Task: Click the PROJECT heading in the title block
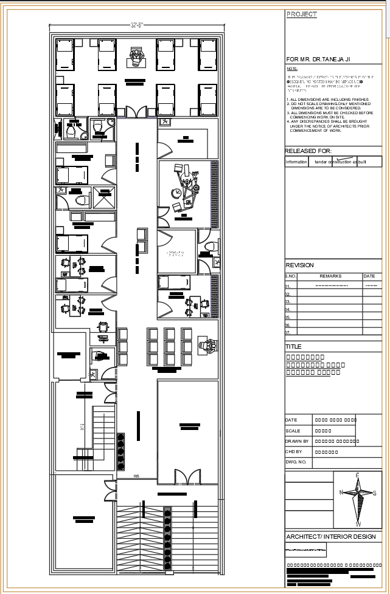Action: [301, 14]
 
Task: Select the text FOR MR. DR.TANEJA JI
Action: [318, 59]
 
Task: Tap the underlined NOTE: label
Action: [291, 69]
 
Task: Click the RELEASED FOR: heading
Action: [308, 151]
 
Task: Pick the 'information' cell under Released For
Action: [296, 162]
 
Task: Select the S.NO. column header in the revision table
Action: [291, 276]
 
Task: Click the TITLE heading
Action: [293, 346]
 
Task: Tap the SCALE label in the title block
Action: [293, 431]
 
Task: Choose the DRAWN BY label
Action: [296, 442]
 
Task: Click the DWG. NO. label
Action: [295, 463]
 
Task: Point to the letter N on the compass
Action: [341, 493]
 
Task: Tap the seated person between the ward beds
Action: [136, 58]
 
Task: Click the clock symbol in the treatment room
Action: [176, 193]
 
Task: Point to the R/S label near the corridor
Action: [138, 476]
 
